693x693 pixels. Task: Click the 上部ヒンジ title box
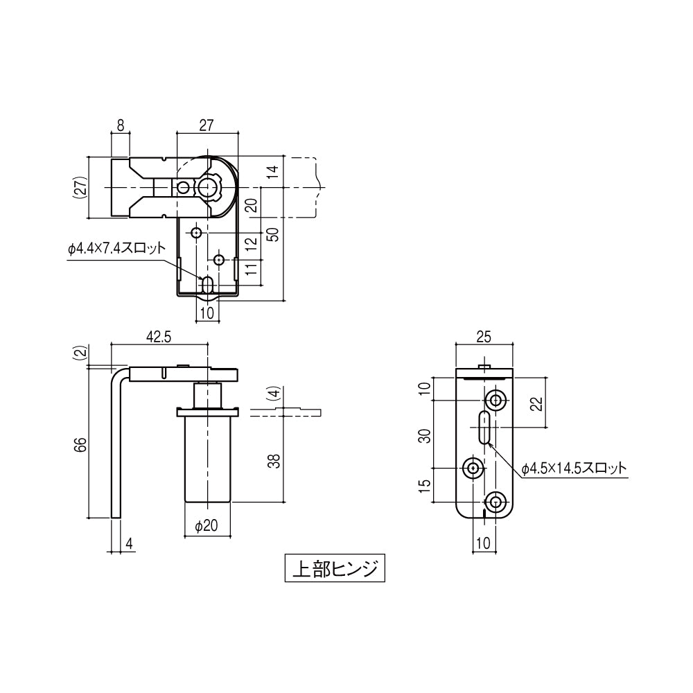[x=334, y=569]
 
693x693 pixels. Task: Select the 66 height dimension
[x=81, y=443]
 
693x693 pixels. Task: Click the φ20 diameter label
[x=207, y=527]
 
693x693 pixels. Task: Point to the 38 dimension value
[x=274, y=461]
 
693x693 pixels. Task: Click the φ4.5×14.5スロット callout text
[x=574, y=468]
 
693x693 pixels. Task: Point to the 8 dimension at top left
[x=120, y=125]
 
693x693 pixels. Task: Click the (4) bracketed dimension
[x=274, y=396]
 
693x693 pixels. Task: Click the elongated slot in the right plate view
[x=483, y=427]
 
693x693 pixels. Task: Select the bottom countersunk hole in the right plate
[x=495, y=502]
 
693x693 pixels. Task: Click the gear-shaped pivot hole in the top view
[x=210, y=187]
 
